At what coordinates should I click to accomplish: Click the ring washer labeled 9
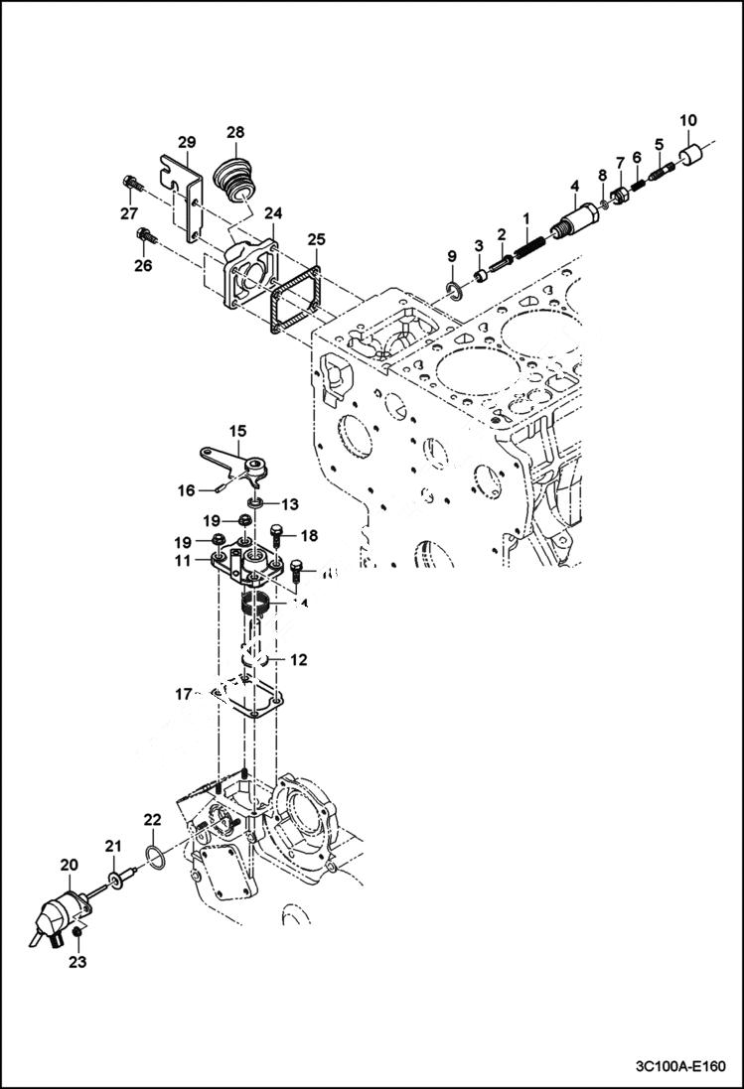[x=454, y=290]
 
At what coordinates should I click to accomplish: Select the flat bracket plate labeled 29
[x=185, y=199]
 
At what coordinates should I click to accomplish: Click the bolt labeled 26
[x=146, y=236]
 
